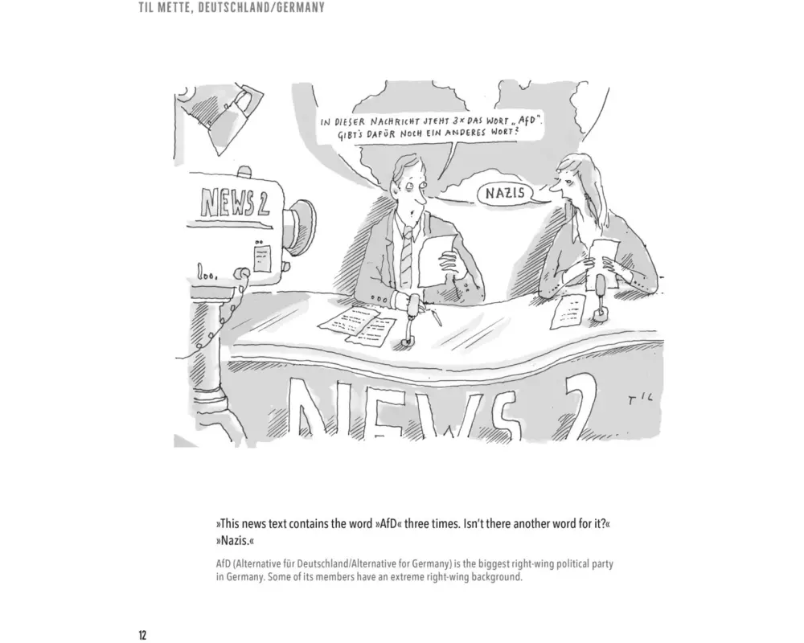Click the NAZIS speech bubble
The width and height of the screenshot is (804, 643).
(x=505, y=194)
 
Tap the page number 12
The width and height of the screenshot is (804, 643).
(x=142, y=635)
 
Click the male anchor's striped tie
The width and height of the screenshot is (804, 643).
(x=406, y=256)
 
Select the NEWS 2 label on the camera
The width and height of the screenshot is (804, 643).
(x=234, y=202)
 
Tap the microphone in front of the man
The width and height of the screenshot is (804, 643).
(x=411, y=318)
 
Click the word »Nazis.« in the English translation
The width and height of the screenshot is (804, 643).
(x=235, y=541)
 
